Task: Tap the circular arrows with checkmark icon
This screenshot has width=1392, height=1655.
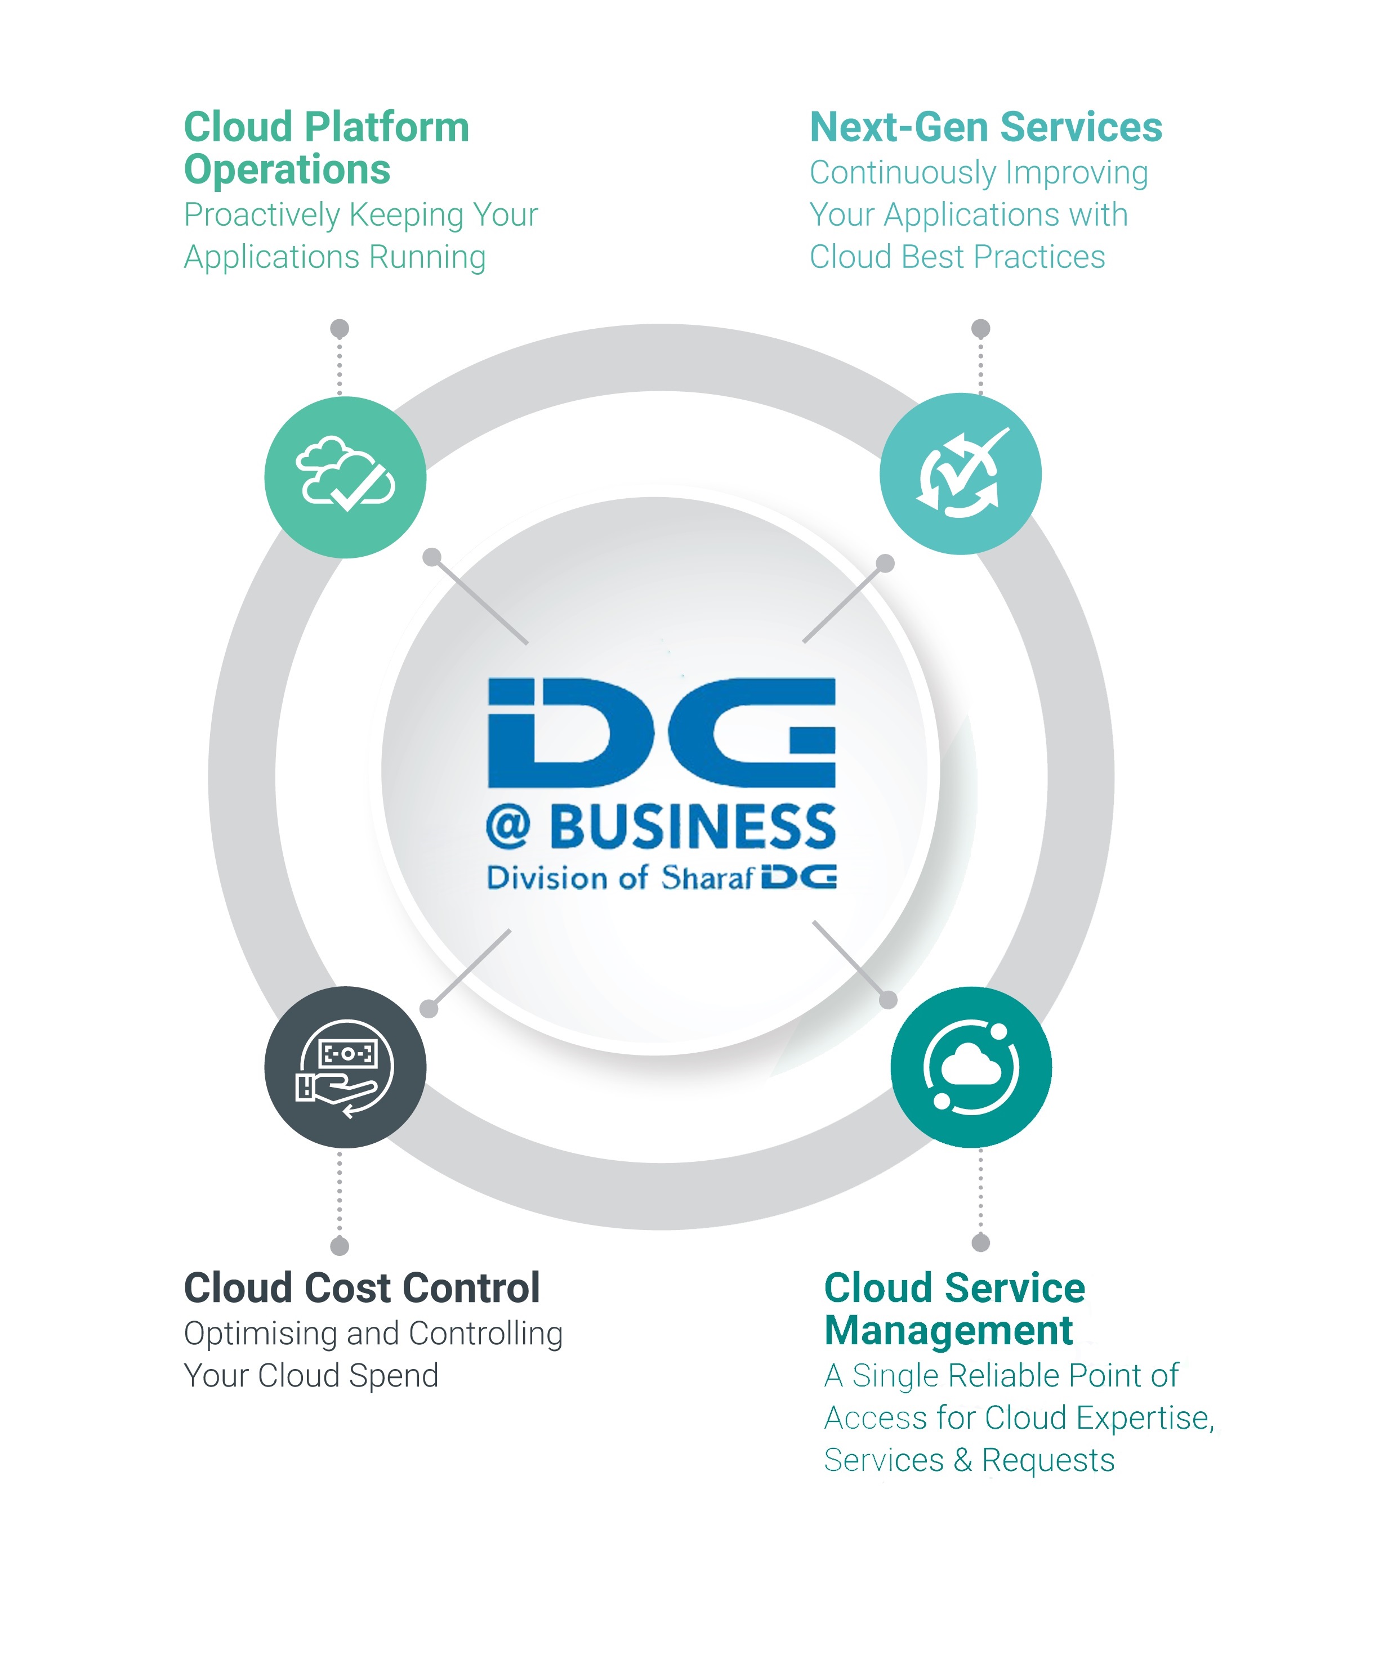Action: [960, 474]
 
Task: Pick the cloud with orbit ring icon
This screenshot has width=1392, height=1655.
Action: [971, 1067]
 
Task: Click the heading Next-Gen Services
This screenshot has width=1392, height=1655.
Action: [985, 127]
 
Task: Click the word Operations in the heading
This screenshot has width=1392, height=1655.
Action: [287, 169]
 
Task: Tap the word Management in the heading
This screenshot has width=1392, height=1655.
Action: [948, 1331]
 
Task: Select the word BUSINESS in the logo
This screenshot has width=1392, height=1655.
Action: [692, 827]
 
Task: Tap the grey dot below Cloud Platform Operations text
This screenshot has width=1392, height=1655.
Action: [340, 328]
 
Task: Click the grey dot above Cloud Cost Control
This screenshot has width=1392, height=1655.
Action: [340, 1246]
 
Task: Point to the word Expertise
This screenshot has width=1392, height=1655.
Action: [1144, 1417]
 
